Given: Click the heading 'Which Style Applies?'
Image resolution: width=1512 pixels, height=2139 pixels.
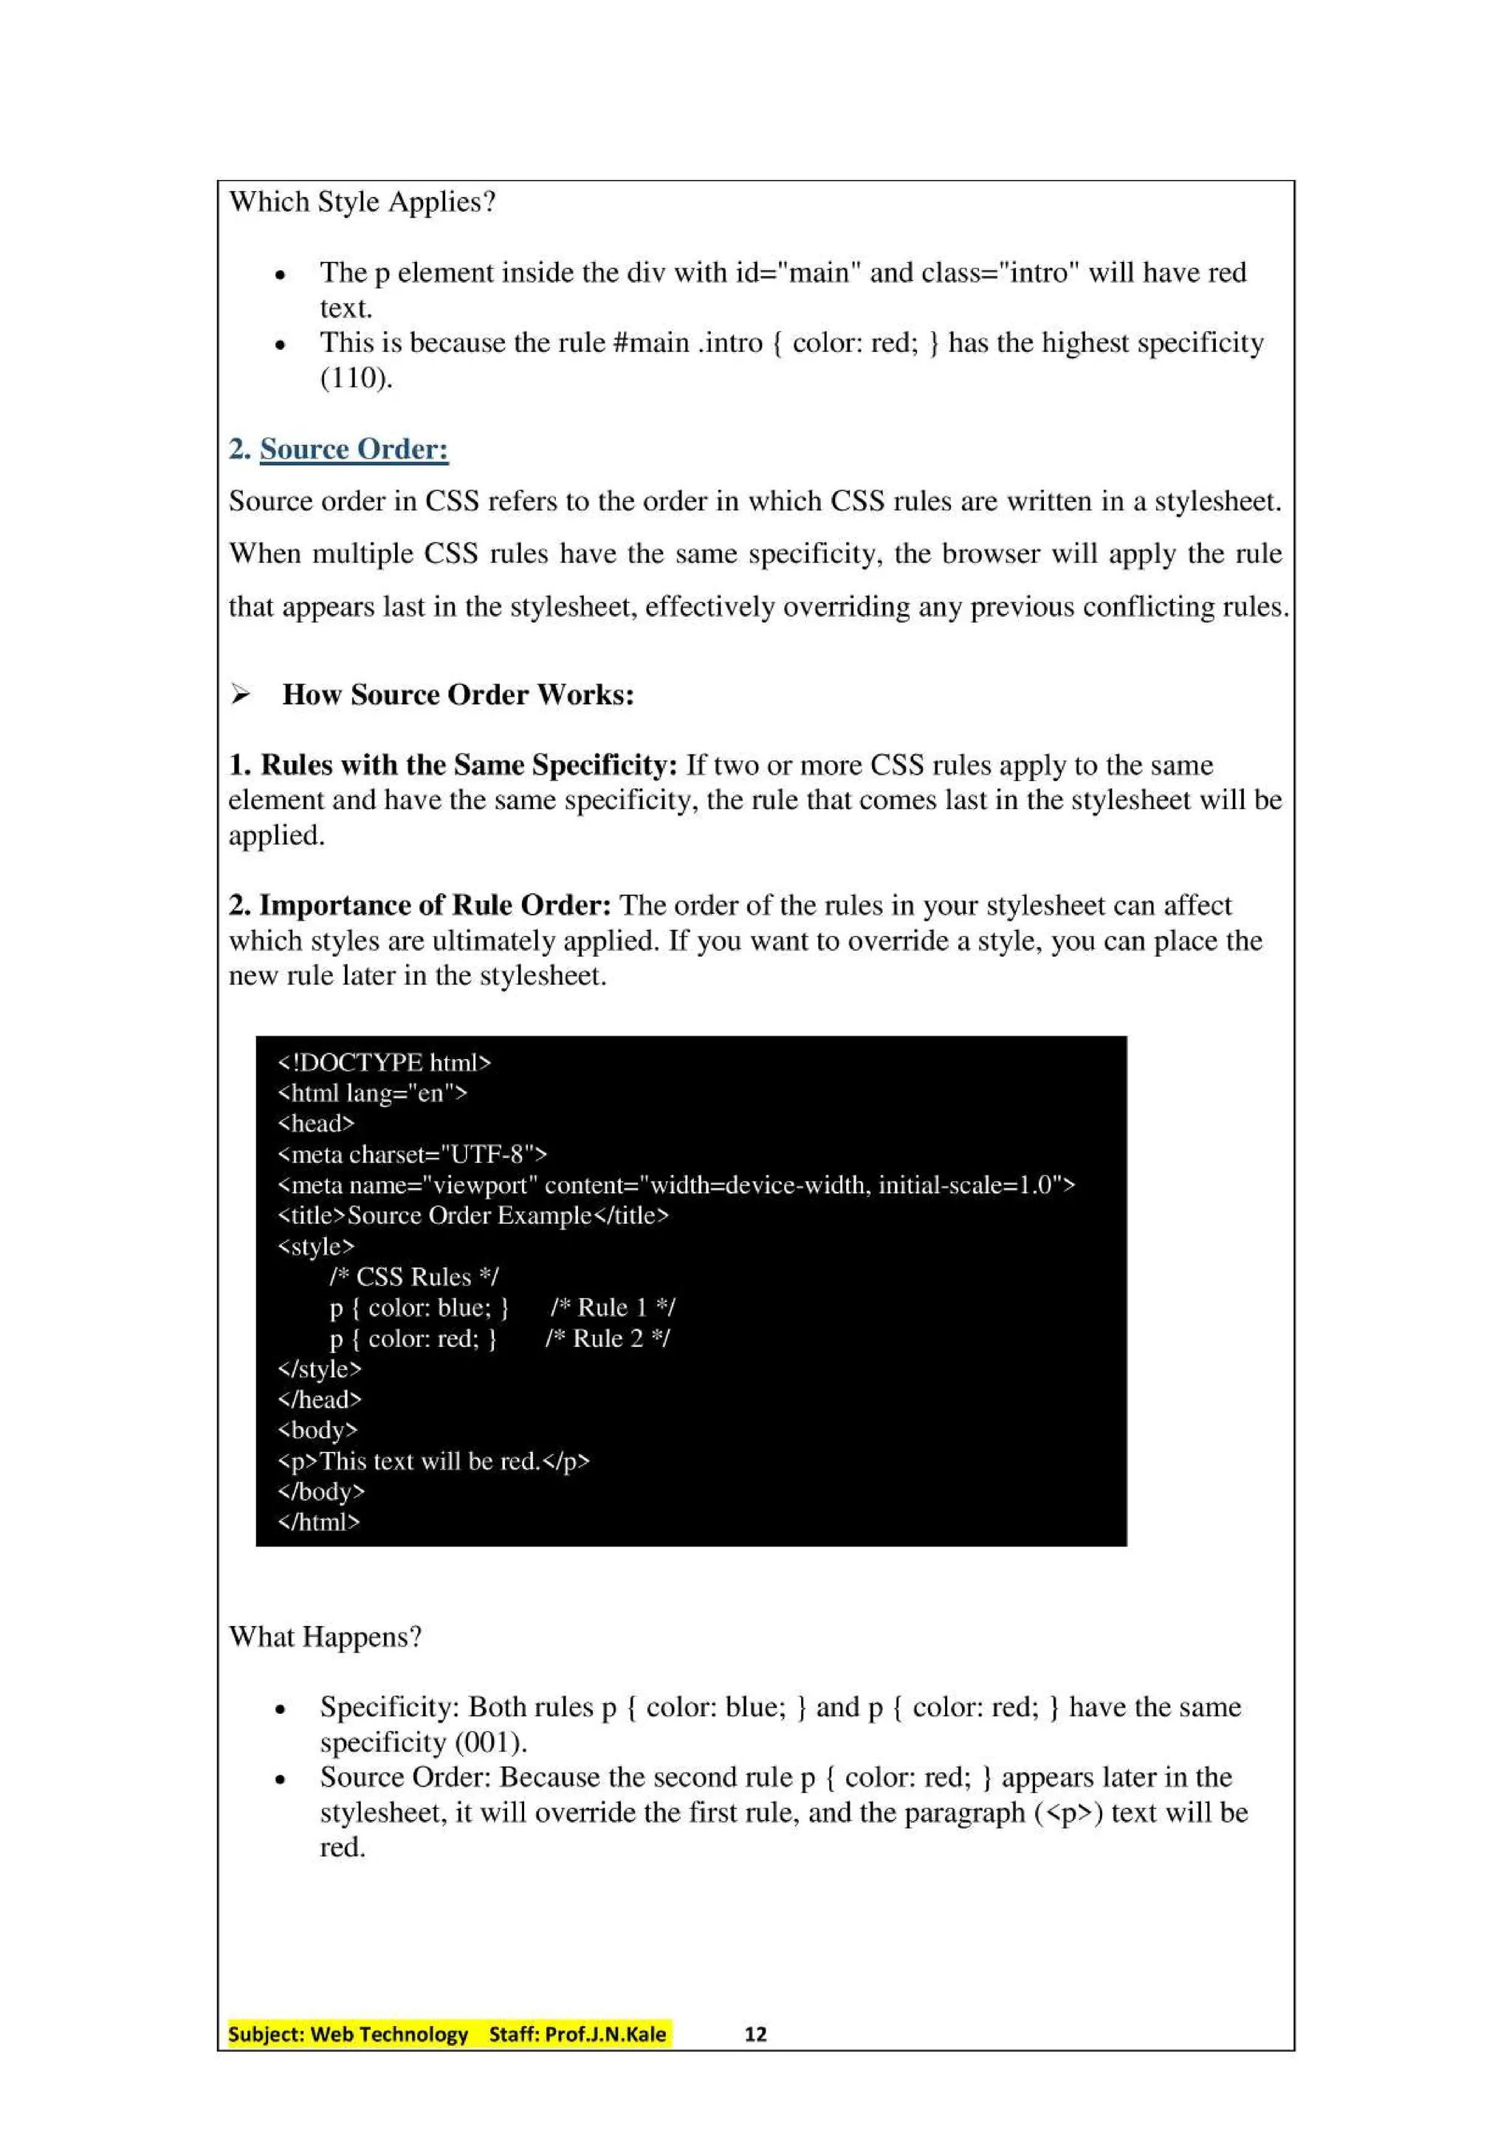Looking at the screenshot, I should point(362,202).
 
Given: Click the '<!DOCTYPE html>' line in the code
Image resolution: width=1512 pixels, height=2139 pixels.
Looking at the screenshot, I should point(384,1063).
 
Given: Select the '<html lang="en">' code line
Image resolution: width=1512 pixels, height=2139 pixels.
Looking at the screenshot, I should point(373,1094).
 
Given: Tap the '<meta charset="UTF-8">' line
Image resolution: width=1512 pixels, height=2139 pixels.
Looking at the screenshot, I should point(412,1155).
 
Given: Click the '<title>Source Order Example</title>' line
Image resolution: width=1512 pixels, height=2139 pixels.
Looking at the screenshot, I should point(473,1216).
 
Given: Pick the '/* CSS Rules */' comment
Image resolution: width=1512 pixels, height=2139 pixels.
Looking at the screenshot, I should point(413,1277).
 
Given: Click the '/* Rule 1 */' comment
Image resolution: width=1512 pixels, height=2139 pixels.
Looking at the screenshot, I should point(612,1308).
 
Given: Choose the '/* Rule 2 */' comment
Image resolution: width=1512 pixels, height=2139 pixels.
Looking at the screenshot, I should point(608,1339).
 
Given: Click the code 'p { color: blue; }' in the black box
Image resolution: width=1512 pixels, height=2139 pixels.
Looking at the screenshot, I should point(419,1308).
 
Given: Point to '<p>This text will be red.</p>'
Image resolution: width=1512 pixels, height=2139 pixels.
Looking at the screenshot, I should point(433,1461).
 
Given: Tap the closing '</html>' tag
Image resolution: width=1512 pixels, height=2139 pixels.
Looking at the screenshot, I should point(319,1522).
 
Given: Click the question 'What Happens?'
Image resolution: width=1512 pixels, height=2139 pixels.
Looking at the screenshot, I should point(325,1637).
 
